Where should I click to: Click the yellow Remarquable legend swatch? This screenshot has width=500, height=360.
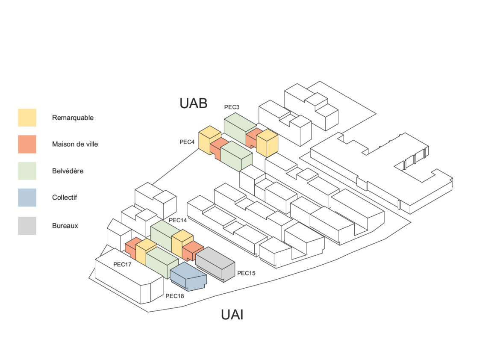tap(27, 118)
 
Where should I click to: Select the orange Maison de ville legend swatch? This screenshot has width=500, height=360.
tap(27, 144)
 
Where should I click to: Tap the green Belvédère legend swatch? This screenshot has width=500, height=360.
tap(27, 171)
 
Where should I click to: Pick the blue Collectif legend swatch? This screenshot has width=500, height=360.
tap(27, 198)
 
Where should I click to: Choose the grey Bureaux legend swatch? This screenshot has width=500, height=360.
tap(27, 226)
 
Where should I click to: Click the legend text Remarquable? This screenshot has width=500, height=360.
tap(73, 118)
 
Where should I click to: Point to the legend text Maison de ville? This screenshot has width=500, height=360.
tap(75, 144)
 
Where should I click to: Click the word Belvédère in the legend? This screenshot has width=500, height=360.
tap(68, 171)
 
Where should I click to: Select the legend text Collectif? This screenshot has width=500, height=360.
tap(65, 198)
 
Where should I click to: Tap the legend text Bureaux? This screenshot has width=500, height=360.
tap(65, 226)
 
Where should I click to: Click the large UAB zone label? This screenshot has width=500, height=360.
tap(194, 103)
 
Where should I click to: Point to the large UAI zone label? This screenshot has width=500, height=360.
tap(232, 315)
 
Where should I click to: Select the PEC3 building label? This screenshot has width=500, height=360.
tap(232, 107)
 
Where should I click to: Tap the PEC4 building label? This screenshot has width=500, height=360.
tap(187, 142)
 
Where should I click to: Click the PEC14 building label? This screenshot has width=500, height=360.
tap(178, 220)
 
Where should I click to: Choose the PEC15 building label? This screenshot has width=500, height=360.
tap(246, 273)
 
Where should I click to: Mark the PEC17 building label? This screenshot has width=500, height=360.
tap(122, 265)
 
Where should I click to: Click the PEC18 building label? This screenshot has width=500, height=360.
tap(174, 296)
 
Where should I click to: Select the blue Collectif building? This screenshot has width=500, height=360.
tap(188, 277)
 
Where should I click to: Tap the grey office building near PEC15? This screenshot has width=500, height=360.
tap(215, 264)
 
